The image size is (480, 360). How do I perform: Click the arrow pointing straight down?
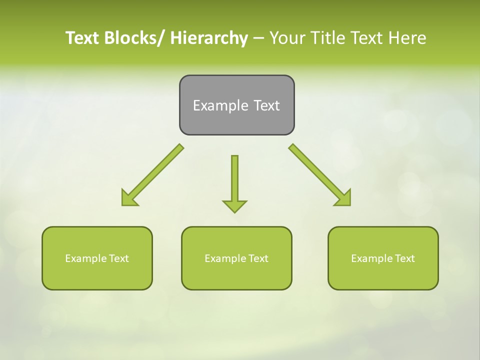coord(234,182)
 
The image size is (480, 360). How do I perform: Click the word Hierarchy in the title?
coord(209,38)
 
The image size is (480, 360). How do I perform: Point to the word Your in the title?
coord(287,38)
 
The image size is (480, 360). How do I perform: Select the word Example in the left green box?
coord(85,258)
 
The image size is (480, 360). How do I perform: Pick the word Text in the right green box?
coord(404,258)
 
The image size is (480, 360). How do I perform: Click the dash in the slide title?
coord(258,38)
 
